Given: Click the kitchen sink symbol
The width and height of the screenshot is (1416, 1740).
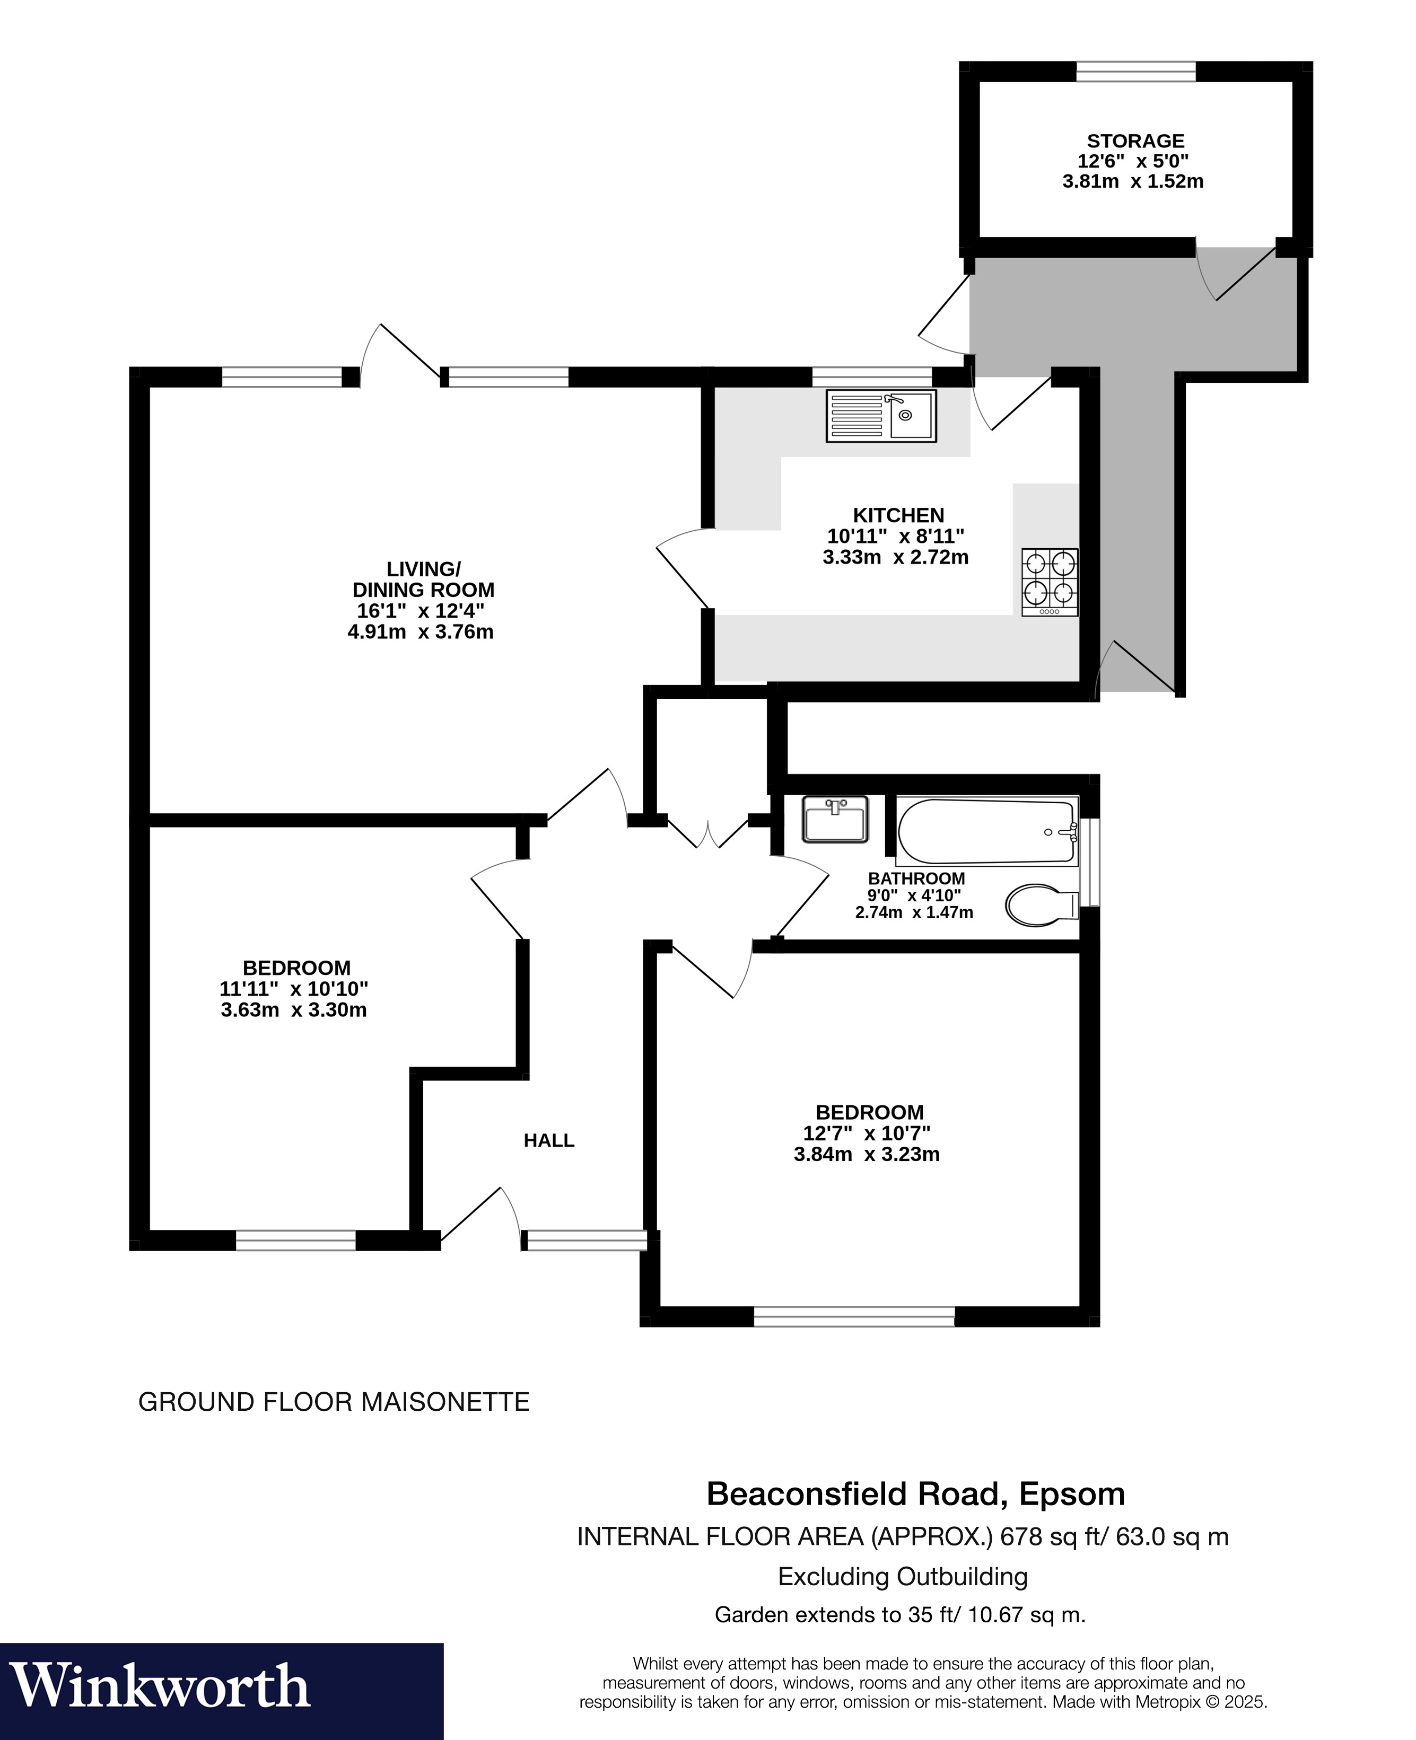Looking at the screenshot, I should pyautogui.click(x=881, y=416).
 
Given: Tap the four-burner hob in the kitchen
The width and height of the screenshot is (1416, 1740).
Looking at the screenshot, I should pyautogui.click(x=1050, y=582).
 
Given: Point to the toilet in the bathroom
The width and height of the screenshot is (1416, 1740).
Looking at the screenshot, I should pyautogui.click(x=1042, y=905).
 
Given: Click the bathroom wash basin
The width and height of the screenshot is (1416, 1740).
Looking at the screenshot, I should pyautogui.click(x=834, y=820).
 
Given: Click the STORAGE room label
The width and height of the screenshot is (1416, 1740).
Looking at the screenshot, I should pyautogui.click(x=1135, y=141).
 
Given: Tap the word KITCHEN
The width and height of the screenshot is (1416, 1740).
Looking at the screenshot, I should pyautogui.click(x=898, y=515).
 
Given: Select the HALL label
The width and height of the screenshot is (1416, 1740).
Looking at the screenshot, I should pyautogui.click(x=549, y=1141).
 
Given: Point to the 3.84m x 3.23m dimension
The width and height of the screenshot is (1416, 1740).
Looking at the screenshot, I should pyautogui.click(x=866, y=1155).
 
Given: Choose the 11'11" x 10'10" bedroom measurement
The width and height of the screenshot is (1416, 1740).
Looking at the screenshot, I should pyautogui.click(x=294, y=989).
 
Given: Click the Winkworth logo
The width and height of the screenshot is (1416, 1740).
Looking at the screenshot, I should pyautogui.click(x=160, y=1686).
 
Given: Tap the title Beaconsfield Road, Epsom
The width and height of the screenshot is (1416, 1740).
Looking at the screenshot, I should pyautogui.click(x=915, y=1494).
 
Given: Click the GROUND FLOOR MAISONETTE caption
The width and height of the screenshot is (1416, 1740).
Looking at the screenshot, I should pyautogui.click(x=334, y=1402).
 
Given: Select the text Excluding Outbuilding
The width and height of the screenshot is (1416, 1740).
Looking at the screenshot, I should pyautogui.click(x=902, y=1576).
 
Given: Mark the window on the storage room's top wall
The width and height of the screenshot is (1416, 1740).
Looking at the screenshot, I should pyautogui.click(x=1135, y=72).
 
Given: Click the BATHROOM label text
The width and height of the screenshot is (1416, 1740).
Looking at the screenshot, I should pyautogui.click(x=916, y=879).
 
